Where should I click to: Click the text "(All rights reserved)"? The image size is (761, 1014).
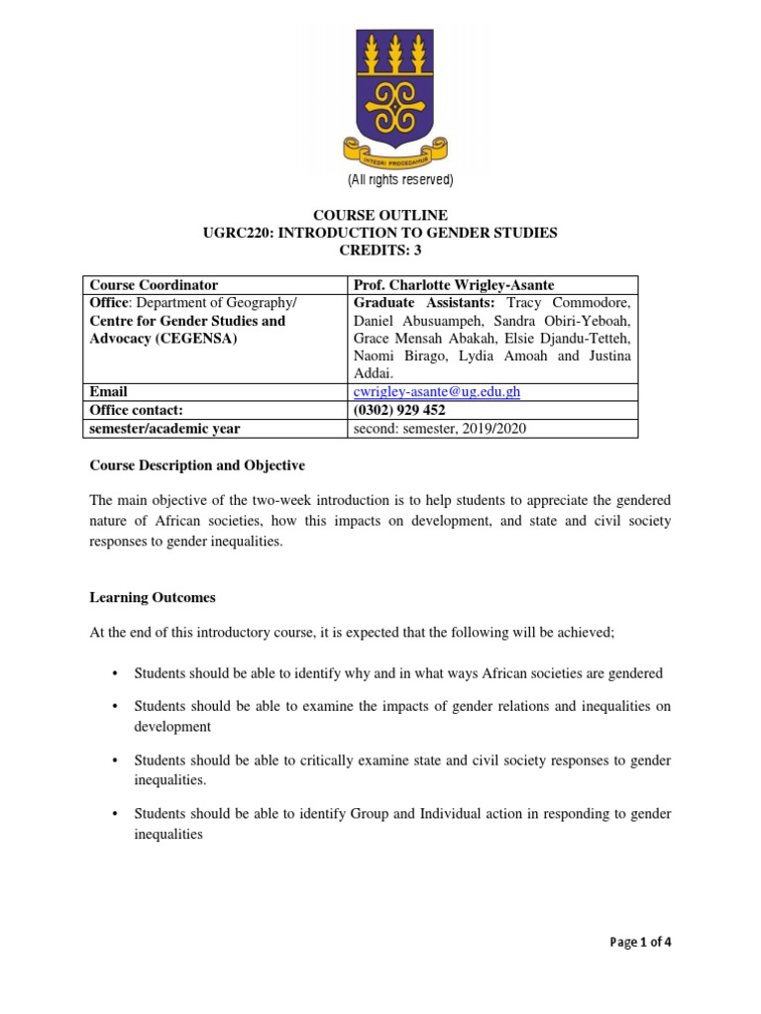[x=399, y=180]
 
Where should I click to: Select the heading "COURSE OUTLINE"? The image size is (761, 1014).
[x=380, y=215]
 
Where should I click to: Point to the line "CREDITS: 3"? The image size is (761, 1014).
[x=380, y=251]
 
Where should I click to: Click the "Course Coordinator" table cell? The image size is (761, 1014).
[x=154, y=284]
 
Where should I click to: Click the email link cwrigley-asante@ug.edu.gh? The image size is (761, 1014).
[x=436, y=391]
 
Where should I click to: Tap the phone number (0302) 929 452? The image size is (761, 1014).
[x=398, y=410]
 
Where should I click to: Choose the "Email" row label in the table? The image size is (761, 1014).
[x=109, y=392]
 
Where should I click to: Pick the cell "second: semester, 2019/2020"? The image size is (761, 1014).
[x=440, y=428]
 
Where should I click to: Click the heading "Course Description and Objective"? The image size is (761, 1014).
[x=197, y=465]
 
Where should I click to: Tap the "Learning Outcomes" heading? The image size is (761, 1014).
[x=153, y=598]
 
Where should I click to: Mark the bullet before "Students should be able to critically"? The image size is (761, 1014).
[x=115, y=760]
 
